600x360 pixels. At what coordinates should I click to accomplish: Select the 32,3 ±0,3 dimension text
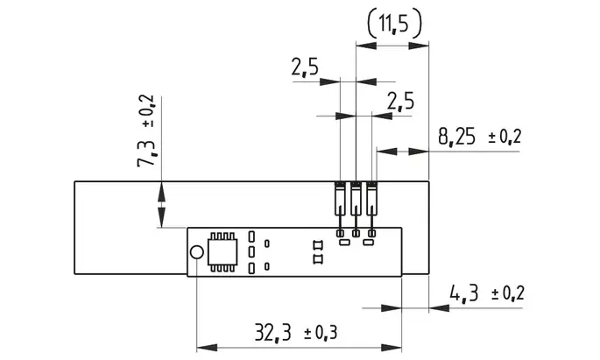[x=296, y=332]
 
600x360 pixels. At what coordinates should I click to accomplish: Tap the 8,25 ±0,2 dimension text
[x=479, y=137]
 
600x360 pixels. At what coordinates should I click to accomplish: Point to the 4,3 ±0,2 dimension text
[x=487, y=293]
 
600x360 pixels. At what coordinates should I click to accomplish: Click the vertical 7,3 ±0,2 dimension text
[x=145, y=131]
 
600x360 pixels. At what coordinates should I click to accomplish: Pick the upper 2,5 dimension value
[x=305, y=67]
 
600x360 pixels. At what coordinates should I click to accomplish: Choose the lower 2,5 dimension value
[x=400, y=102]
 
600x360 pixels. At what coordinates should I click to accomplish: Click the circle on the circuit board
[x=197, y=252]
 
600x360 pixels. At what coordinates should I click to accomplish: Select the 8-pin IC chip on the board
[x=222, y=252]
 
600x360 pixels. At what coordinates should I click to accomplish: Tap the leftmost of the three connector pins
[x=340, y=208]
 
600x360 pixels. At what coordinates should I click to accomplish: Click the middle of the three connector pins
[x=356, y=208]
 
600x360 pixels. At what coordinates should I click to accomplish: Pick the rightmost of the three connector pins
[x=371, y=208]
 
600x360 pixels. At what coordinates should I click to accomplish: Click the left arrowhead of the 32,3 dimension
[x=207, y=348]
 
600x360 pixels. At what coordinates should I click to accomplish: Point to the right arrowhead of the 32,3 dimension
[x=392, y=348]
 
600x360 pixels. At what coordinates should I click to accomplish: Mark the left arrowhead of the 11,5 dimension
[x=366, y=46]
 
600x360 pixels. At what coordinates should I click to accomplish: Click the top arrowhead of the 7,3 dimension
[x=161, y=191]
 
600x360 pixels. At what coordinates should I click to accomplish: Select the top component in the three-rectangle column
[x=251, y=236]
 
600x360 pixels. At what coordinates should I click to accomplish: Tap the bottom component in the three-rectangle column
[x=251, y=269]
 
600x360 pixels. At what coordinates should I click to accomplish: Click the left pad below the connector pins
[x=345, y=242]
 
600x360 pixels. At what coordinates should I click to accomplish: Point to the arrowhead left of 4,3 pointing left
[x=439, y=307]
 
